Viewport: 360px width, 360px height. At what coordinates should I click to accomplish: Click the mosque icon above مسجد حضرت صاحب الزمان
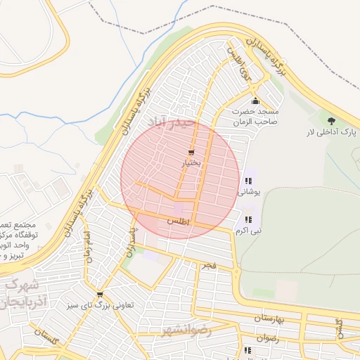tap(255, 101)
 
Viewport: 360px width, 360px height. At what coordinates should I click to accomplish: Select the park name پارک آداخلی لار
tap(331, 132)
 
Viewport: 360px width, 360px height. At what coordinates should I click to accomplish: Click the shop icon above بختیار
tap(192, 153)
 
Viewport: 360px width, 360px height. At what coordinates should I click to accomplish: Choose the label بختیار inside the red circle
tap(192, 163)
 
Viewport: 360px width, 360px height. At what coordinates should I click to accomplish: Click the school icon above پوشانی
tap(248, 181)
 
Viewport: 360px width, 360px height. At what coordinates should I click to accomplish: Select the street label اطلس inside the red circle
tap(179, 221)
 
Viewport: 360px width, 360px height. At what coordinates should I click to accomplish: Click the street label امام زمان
tap(87, 244)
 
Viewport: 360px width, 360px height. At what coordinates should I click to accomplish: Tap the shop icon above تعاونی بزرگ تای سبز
tap(100, 295)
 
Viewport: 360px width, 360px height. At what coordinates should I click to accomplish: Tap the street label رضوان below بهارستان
tap(268, 338)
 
